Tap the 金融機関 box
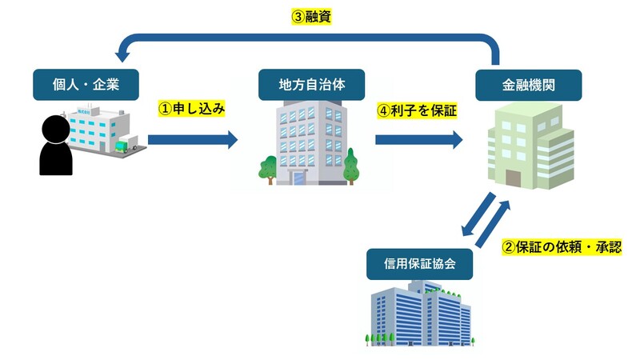point(529,84)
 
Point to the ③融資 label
point(311,16)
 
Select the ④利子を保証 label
point(417,111)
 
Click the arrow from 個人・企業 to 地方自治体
point(193,141)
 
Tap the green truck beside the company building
point(123,145)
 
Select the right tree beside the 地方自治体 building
point(350,166)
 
